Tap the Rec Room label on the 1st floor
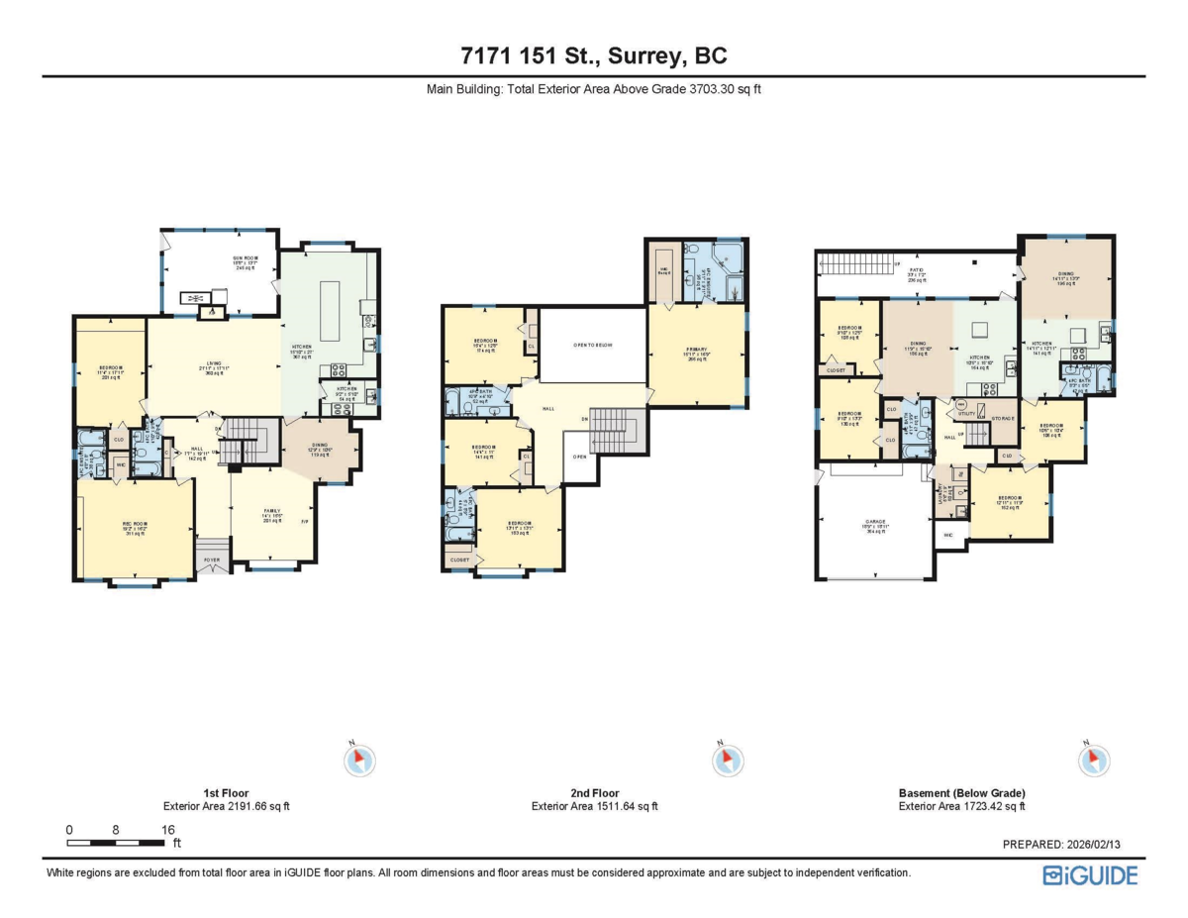[134, 524]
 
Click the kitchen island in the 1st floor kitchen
[329, 297]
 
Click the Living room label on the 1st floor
[214, 362]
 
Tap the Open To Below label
[593, 345]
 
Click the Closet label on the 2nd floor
[459, 560]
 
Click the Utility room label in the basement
[966, 413]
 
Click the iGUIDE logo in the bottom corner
[1089, 874]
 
